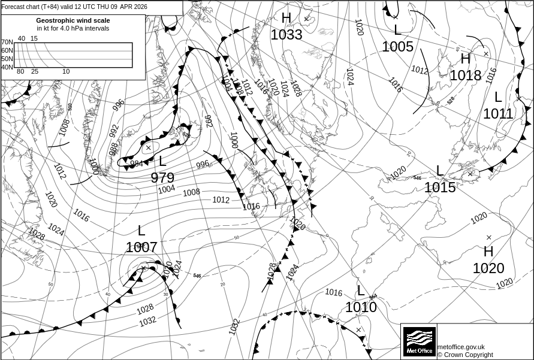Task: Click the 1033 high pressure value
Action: [x=286, y=35]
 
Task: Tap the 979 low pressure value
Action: [x=162, y=178]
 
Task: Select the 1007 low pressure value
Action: [x=141, y=247]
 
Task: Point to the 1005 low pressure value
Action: [x=398, y=47]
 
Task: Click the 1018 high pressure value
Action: [x=466, y=75]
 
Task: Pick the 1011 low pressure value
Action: [x=498, y=113]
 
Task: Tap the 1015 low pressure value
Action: [x=440, y=187]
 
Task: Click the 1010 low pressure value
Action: [x=361, y=307]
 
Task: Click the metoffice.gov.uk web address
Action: [x=461, y=347]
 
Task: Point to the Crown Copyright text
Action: [x=465, y=355]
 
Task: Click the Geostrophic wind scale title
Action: [x=73, y=20]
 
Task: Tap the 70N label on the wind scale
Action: [x=7, y=42]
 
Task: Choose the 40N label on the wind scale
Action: [x=7, y=67]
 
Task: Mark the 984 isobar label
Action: [x=137, y=164]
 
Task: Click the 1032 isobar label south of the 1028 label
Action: [x=148, y=321]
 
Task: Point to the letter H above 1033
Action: [x=286, y=19]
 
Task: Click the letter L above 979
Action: [x=162, y=161]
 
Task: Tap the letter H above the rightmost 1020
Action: [x=488, y=252]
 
